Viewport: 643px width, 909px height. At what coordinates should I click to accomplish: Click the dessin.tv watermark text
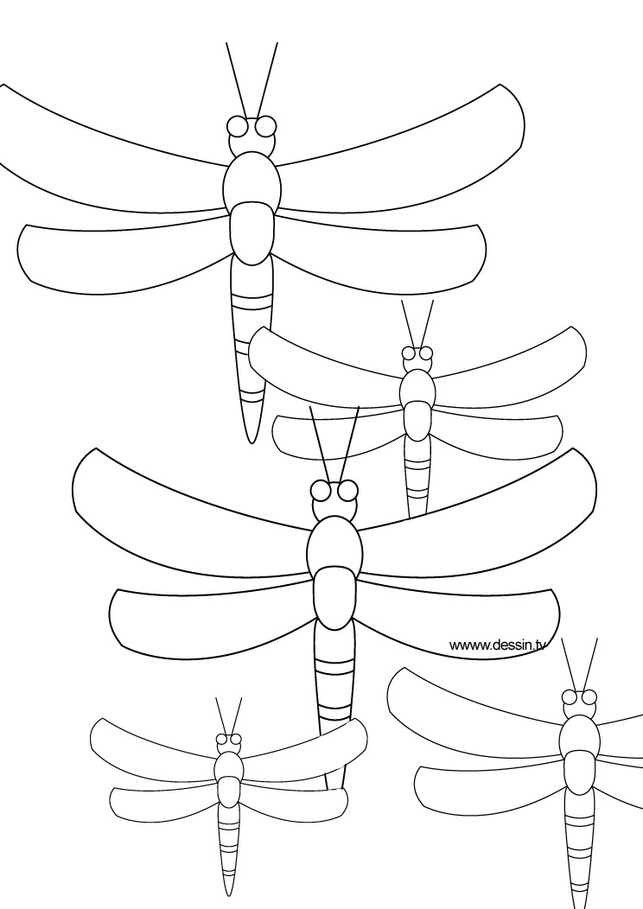click(498, 644)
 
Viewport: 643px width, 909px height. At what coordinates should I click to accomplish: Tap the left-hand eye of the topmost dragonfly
click(239, 127)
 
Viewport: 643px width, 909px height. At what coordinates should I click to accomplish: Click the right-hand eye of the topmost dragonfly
click(266, 126)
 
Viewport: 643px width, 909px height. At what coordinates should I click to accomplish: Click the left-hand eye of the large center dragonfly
click(321, 492)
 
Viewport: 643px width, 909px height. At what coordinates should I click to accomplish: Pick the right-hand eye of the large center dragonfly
click(347, 491)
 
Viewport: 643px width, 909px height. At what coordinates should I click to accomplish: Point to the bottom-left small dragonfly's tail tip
click(229, 892)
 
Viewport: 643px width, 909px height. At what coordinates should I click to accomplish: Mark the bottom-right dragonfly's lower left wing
click(484, 786)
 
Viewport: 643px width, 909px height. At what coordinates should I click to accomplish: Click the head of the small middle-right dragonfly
click(417, 360)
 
